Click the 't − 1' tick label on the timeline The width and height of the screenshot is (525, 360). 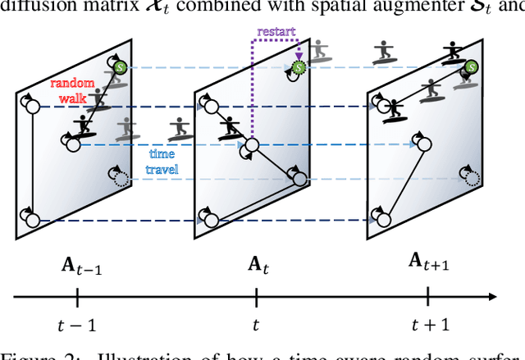(x=79, y=325)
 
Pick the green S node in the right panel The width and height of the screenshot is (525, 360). (x=471, y=67)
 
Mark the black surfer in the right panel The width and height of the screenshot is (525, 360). (x=395, y=107)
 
